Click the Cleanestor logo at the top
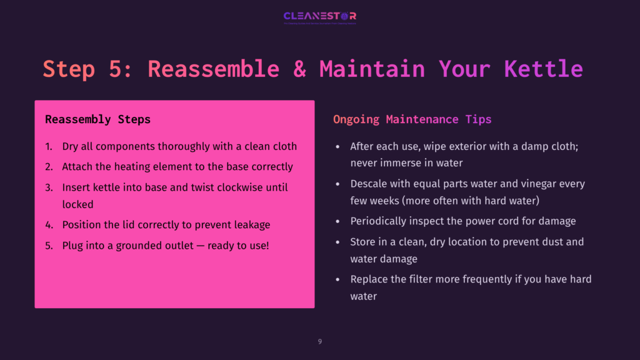[319, 16]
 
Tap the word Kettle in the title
[543, 69]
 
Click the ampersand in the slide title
[299, 69]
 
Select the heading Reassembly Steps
[97, 119]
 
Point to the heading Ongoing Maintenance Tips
[412, 119]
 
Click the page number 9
[320, 341]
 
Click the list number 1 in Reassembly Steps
[49, 147]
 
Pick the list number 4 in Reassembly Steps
[49, 224]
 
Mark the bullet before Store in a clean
[337, 242]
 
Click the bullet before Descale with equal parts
[337, 184]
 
